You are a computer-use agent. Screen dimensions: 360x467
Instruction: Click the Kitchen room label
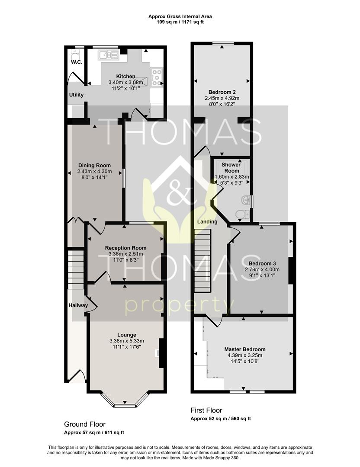point(125,77)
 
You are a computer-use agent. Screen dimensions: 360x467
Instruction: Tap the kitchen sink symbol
point(109,55)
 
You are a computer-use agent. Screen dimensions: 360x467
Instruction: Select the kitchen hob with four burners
point(157,77)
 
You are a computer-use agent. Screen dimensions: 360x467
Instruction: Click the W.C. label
point(77,62)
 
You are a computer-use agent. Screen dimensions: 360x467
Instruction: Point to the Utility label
point(76,95)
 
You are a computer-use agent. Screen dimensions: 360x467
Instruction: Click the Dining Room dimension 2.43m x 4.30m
point(94,172)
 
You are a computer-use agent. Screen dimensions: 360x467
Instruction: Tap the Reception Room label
point(126,248)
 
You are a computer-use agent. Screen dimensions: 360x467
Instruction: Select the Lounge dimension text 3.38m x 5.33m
point(127,341)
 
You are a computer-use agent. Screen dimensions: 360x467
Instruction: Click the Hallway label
point(78,305)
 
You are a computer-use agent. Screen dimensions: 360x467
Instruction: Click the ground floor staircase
point(76,269)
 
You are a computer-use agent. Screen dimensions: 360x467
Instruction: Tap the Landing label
point(207,221)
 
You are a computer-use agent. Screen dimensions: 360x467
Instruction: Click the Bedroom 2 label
point(222,92)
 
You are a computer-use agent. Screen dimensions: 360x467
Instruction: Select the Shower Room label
point(231,168)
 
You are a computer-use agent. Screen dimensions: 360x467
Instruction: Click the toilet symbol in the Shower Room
point(242,214)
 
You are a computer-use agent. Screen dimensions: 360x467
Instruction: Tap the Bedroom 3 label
point(262,264)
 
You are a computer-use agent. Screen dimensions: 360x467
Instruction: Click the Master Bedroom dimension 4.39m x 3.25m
point(245,355)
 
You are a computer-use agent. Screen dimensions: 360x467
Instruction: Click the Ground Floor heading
point(85,424)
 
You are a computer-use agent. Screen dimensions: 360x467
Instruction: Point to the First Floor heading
point(206,410)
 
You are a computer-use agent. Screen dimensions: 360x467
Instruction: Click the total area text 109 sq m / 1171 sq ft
point(180,22)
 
